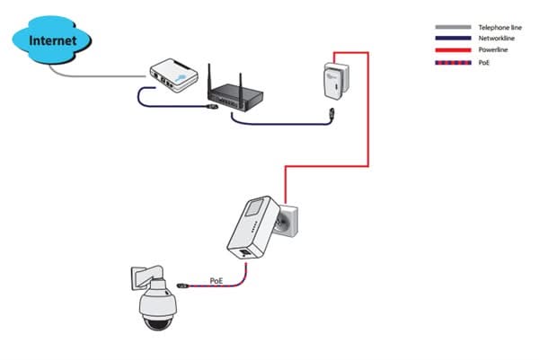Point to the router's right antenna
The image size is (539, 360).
[264, 73]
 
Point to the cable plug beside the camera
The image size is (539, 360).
[182, 286]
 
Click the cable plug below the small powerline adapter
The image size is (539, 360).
[332, 116]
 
